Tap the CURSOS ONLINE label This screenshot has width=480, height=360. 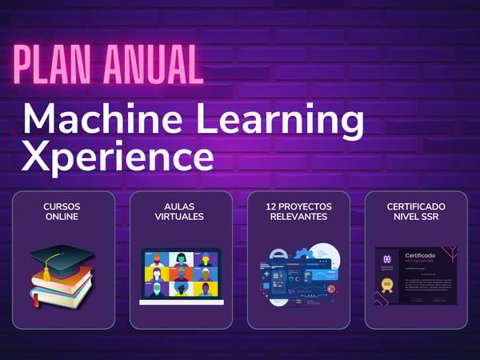pyautogui.click(x=62, y=211)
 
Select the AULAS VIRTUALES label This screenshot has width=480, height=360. pyautogui.click(x=180, y=211)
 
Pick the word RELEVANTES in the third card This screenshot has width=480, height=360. pyautogui.click(x=298, y=217)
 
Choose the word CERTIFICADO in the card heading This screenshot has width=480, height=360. pyautogui.click(x=416, y=206)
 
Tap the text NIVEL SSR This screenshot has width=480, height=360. pyautogui.click(x=416, y=217)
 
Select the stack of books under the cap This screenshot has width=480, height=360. pyautogui.click(x=60, y=290)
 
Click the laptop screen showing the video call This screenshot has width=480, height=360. pyautogui.click(x=180, y=274)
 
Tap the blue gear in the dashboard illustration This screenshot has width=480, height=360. pyautogui.click(x=302, y=254)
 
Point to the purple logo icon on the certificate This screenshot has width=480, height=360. pyautogui.click(x=387, y=259)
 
